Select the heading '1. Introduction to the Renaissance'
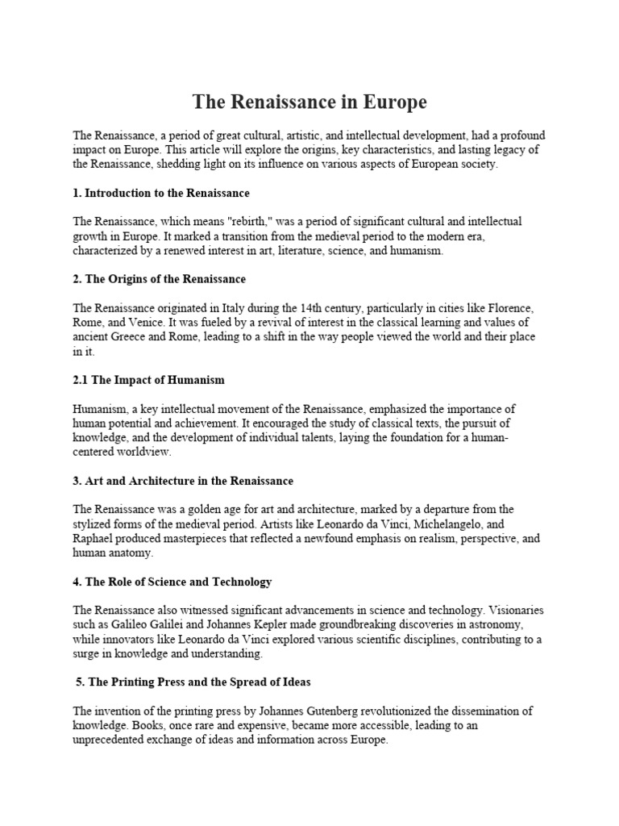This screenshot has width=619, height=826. click(x=161, y=194)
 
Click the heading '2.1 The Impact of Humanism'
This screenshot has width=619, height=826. click(x=149, y=379)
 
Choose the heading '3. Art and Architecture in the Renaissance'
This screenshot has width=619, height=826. click(x=183, y=481)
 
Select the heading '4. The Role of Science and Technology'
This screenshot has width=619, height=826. click(x=172, y=582)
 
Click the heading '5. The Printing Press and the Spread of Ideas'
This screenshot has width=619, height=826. click(x=193, y=682)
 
